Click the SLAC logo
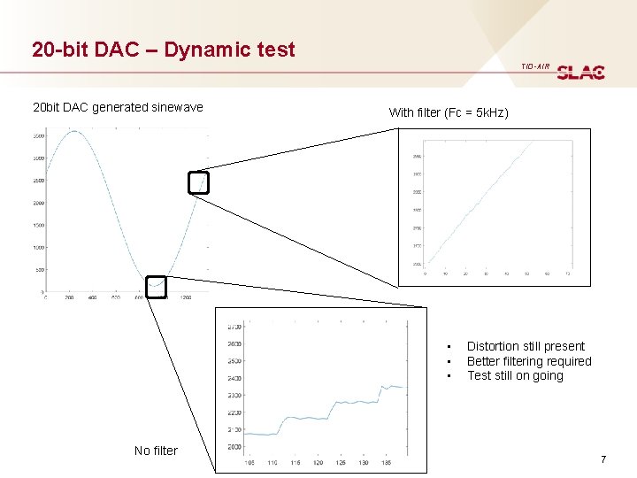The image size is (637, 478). pos(581,72)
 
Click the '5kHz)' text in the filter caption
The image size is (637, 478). pos(491,112)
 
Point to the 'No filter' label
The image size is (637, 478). pos(156,451)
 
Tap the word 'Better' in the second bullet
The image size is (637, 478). pos(484,361)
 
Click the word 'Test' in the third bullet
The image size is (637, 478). pos(479,375)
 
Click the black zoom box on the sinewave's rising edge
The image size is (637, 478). pos(200,181)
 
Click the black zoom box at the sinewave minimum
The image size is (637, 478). pos(156,286)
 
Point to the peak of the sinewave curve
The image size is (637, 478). pos(76,132)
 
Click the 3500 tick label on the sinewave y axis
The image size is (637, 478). pos(38,135)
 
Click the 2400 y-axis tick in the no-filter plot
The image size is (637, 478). pos(234,378)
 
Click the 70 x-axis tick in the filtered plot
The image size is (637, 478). pos(567,274)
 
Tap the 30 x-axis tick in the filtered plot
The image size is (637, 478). pos(486,274)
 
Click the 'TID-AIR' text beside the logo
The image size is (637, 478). pos(535,66)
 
